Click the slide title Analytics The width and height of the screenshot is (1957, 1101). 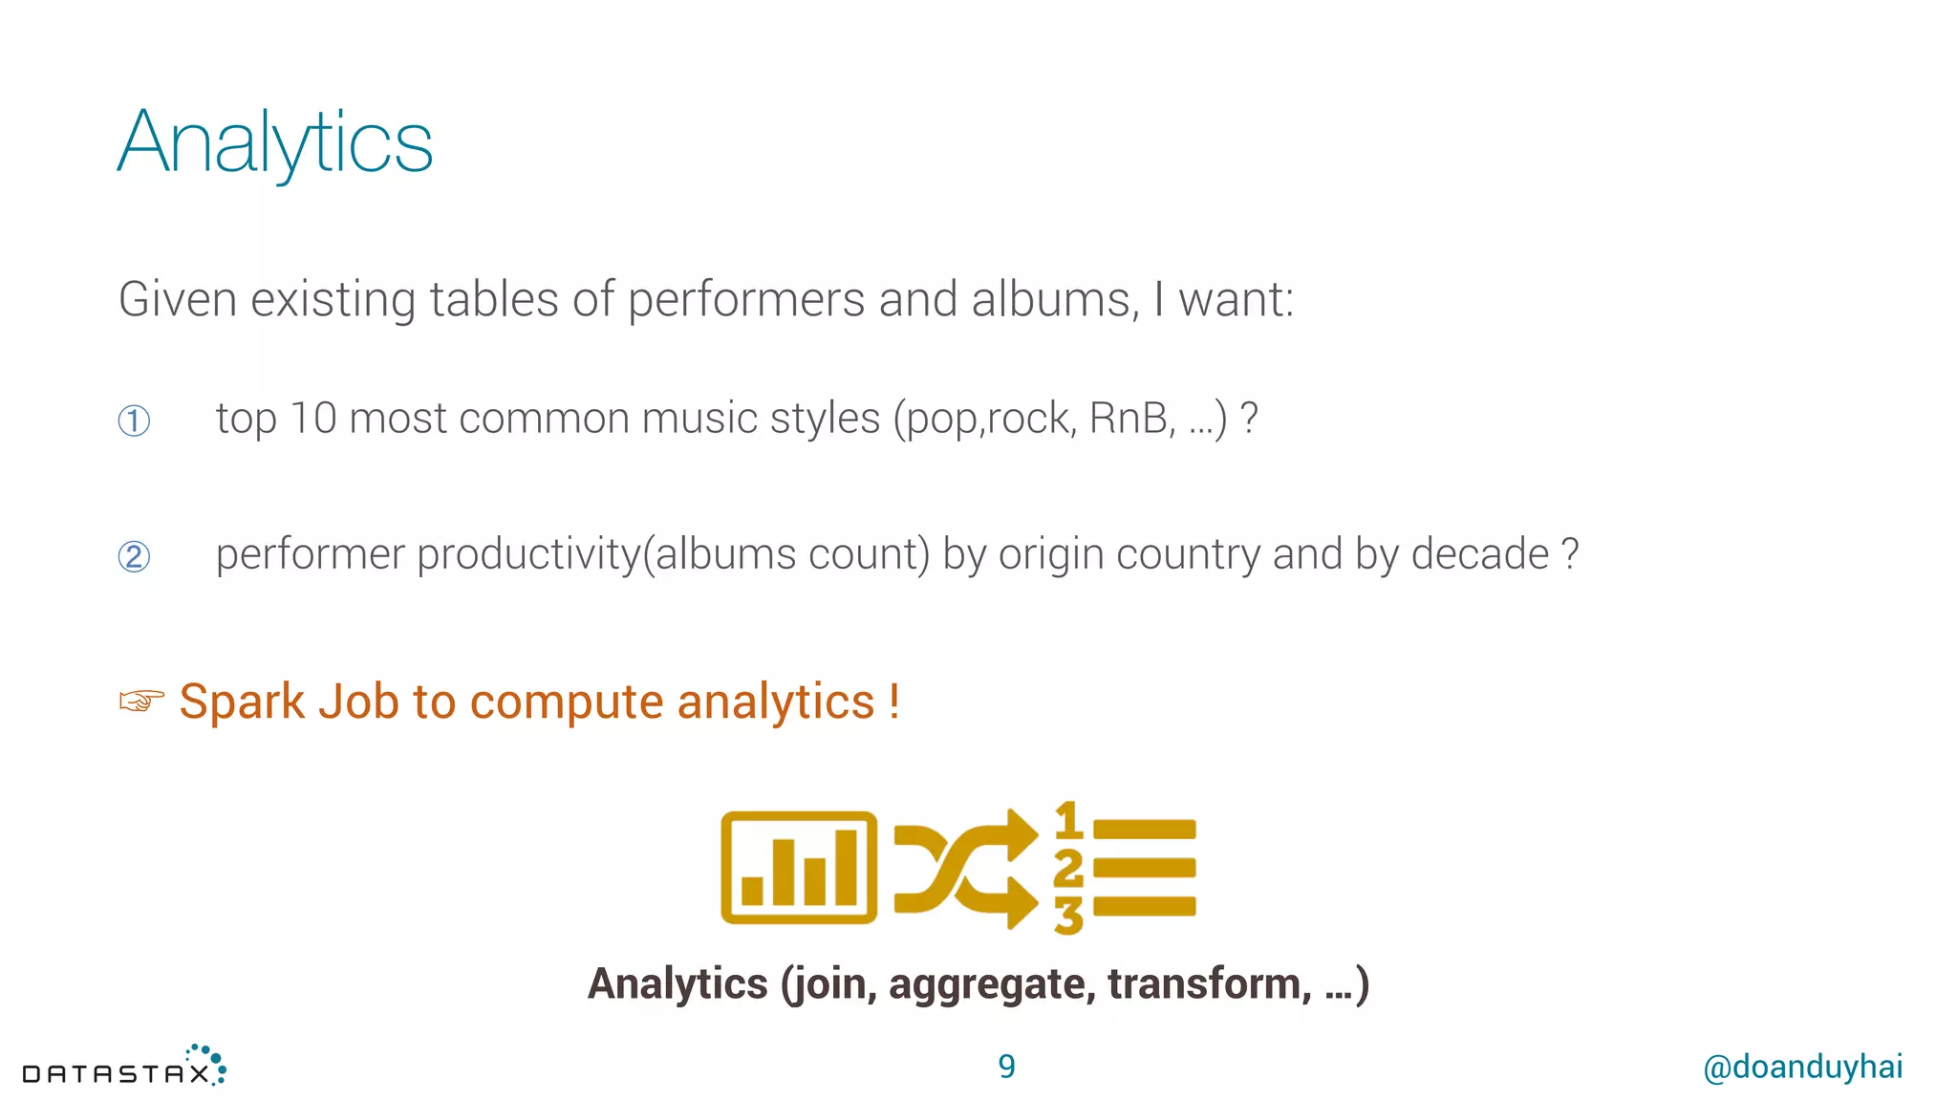275,143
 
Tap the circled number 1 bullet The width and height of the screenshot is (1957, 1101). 134,421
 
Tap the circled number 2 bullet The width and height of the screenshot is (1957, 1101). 134,556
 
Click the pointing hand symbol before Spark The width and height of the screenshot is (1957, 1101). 141,702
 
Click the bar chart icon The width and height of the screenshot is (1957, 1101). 799,868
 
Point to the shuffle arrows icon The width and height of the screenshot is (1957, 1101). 965,868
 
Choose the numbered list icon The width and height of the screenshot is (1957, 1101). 1125,868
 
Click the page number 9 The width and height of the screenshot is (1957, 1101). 1006,1067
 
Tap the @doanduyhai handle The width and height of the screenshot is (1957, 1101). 1802,1067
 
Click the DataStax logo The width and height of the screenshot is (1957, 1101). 124,1068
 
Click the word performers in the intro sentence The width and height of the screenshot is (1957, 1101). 746,299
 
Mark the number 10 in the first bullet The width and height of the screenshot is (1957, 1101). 312,419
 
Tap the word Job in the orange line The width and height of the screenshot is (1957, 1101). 358,702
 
